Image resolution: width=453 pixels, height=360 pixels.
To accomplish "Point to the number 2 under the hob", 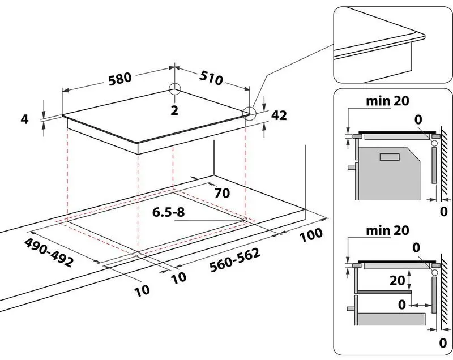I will pos(174,110).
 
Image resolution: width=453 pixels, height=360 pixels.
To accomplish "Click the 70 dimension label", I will pos(221,193).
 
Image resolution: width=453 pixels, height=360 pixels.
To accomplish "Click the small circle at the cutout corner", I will pos(244,220).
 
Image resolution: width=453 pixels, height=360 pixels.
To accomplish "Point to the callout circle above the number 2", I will pos(174,89).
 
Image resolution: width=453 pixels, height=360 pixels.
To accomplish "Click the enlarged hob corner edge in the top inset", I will pos(422,36).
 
